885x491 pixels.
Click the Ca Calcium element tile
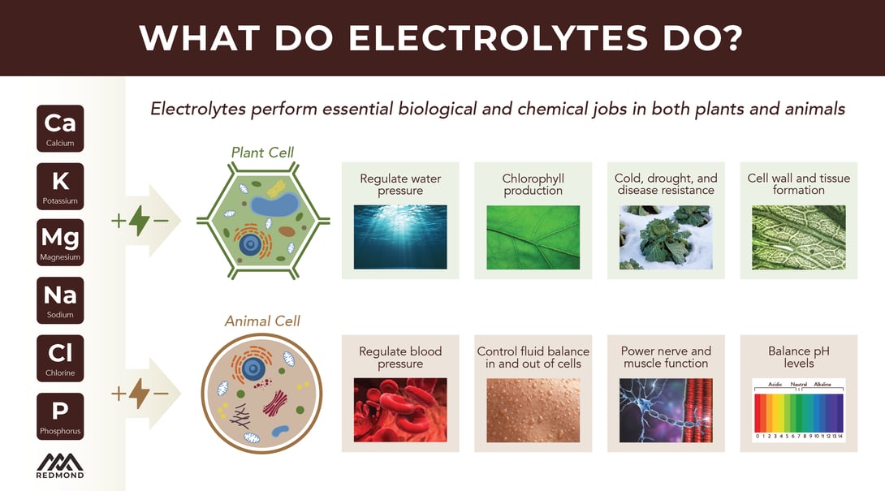[x=60, y=128]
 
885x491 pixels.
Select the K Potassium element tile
[x=60, y=186]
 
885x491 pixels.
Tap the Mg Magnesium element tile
[x=60, y=242]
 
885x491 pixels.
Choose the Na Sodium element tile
[x=60, y=300]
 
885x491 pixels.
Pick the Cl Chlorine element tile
[x=60, y=359]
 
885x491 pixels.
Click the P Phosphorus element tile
[x=60, y=416]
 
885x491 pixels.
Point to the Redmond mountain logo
[x=60, y=466]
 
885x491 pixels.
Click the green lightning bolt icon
[x=140, y=220]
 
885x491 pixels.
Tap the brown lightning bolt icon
[x=140, y=393]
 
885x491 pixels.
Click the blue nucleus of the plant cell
[x=249, y=244]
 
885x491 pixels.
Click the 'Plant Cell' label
[x=262, y=153]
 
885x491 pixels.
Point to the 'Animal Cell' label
[x=262, y=321]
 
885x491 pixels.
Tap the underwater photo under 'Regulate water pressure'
[x=400, y=237]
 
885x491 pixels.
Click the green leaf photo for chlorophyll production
[x=533, y=237]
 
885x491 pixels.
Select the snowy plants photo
[x=666, y=237]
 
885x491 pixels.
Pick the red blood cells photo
[x=400, y=410]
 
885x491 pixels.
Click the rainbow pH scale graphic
[x=799, y=411]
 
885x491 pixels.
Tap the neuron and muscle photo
[x=666, y=410]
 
